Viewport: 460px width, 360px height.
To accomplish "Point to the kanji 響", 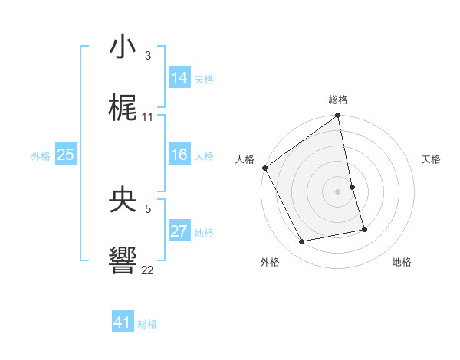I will coord(123,260).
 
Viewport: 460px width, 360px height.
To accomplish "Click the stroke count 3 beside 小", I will coord(147,56).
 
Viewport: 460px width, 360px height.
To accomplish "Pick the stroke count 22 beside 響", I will coord(148,270).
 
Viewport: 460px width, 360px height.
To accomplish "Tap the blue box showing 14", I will coord(179,78).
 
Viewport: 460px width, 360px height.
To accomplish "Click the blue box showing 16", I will coord(179,155).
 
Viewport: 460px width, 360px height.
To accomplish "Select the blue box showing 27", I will coord(179,231).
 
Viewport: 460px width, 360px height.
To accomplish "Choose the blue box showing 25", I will coord(66,155).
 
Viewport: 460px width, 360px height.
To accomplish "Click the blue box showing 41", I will coord(123,322).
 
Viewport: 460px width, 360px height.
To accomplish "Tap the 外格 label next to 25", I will coord(41,156).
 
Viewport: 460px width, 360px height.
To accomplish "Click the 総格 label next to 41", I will coord(147,324).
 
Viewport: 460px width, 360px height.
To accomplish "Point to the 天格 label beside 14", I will coord(204,80).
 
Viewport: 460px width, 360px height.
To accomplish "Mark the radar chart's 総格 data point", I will coord(338,116).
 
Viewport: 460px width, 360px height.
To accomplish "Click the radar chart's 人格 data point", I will coord(264,168).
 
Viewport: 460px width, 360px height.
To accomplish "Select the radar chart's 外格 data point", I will coord(302,242).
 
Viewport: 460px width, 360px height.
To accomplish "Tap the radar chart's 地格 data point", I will coord(364,229).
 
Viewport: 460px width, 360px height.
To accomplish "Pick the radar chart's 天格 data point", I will coord(352,187).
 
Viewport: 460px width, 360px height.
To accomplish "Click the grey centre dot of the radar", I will coord(338,191).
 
